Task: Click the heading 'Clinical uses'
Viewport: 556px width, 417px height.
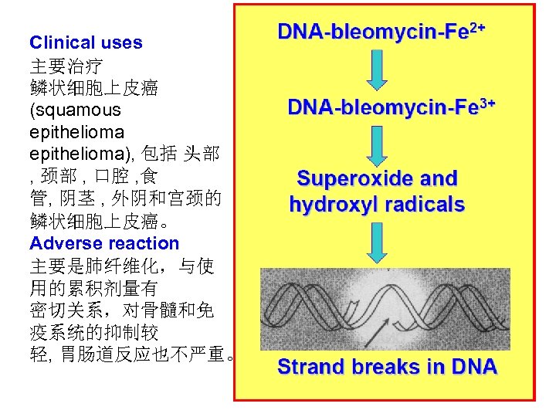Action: click(86, 43)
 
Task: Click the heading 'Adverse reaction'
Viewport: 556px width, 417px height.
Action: click(104, 244)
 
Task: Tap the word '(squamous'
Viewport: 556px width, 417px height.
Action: click(75, 110)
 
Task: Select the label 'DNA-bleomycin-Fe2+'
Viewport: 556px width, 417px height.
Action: click(382, 32)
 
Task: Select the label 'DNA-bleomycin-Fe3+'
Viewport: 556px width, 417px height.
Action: click(391, 108)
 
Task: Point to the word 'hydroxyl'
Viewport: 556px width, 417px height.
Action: click(333, 205)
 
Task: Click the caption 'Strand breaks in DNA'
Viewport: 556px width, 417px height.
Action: click(387, 367)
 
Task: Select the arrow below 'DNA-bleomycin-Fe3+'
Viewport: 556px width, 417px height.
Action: click(377, 144)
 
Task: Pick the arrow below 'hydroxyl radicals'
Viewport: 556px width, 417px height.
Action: click(377, 244)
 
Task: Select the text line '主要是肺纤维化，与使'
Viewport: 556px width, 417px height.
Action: click(121, 267)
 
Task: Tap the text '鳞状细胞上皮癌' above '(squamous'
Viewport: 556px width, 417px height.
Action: click(93, 88)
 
